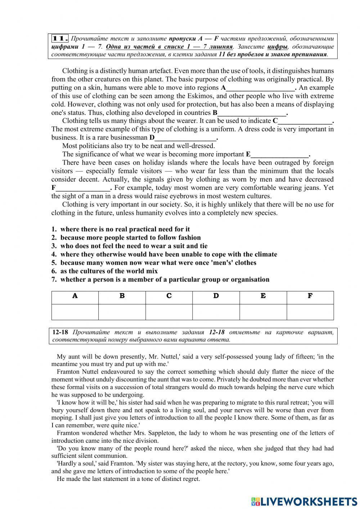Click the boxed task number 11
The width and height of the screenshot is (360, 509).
click(x=60, y=39)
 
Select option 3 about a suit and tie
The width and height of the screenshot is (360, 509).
click(x=134, y=246)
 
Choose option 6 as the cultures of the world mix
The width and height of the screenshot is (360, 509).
click(x=109, y=271)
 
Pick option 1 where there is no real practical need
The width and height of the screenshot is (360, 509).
click(x=125, y=229)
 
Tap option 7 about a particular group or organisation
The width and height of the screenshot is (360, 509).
click(x=165, y=280)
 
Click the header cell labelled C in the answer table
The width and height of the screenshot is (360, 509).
click(x=169, y=296)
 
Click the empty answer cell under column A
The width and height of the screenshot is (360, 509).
click(x=75, y=312)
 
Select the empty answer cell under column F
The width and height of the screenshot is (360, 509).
click(x=310, y=312)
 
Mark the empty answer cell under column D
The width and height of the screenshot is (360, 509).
click(x=216, y=312)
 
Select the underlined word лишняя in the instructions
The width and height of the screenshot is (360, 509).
click(x=222, y=47)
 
